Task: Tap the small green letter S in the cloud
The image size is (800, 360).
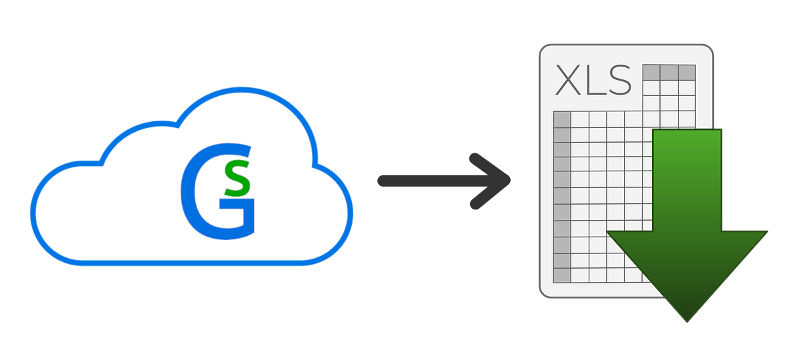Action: coord(238,179)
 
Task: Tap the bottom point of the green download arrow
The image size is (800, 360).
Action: coord(687,321)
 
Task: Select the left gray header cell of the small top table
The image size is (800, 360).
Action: coord(651,72)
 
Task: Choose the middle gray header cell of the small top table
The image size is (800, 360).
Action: coord(669,72)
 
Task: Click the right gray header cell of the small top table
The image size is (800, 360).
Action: coord(687,72)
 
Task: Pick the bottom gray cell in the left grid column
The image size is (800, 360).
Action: coord(563,275)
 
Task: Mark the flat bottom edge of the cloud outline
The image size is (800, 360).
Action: coord(193,261)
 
